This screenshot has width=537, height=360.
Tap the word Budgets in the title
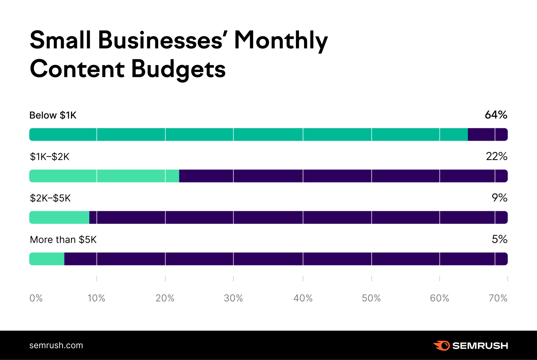[178, 69]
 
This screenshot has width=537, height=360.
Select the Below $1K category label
[53, 115]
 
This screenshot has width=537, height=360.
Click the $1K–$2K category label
[49, 157]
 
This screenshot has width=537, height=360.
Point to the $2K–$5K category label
[50, 198]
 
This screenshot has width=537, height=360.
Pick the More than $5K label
[63, 240]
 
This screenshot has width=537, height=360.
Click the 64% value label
[496, 115]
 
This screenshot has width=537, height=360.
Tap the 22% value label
[496, 156]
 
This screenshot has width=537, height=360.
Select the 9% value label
[499, 198]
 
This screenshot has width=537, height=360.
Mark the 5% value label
[499, 239]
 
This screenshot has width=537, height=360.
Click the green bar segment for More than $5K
[47, 259]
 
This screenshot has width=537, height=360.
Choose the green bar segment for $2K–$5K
[59, 217]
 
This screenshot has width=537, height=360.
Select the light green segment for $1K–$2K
[104, 176]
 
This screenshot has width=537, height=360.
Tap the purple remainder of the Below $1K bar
[488, 135]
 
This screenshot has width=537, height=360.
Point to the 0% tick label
[36, 298]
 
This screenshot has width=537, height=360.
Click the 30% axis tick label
[233, 298]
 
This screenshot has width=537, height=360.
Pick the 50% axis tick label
[371, 298]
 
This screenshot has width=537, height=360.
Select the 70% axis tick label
[498, 298]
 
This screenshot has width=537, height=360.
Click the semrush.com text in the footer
[56, 345]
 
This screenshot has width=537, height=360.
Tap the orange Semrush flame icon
[442, 346]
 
